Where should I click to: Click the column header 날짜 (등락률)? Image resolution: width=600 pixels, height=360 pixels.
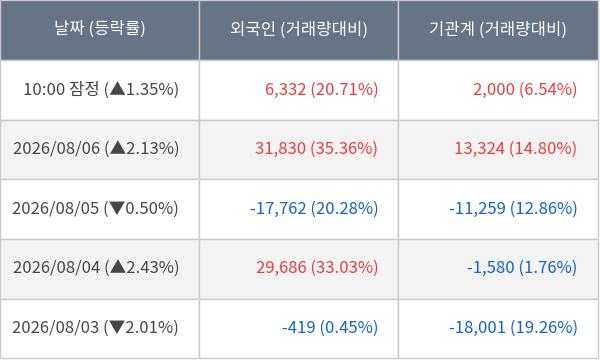100,28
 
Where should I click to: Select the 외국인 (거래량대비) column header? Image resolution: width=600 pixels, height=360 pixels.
298,28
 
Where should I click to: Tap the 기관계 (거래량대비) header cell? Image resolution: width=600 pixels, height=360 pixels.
497,28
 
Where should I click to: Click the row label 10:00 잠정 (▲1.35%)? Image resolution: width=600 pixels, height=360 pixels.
101,89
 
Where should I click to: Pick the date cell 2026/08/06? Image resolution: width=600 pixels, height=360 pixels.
56,148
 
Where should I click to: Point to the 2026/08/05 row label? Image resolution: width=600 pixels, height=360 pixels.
55,209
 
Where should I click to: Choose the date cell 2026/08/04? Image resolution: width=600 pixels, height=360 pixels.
56,267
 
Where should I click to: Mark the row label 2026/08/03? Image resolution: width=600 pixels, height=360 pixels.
55,327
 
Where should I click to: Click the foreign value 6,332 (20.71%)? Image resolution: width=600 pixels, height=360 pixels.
321,89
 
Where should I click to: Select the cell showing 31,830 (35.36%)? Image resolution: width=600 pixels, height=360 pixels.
316,148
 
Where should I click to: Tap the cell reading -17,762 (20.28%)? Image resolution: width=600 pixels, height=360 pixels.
314,209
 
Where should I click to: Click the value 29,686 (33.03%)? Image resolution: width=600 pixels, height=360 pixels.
317,267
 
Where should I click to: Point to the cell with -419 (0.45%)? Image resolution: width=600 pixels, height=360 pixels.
330,327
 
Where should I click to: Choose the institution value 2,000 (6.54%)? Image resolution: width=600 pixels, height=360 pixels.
525,89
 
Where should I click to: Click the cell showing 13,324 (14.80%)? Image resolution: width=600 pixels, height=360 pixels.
515,148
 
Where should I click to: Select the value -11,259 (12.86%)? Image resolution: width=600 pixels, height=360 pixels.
513,209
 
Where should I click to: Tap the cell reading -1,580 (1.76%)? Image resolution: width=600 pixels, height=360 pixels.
522,267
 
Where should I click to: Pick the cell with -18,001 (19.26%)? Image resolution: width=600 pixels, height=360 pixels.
513,327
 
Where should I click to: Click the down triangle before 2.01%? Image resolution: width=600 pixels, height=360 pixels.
117,327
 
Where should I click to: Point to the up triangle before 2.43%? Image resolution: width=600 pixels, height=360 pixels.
118,267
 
